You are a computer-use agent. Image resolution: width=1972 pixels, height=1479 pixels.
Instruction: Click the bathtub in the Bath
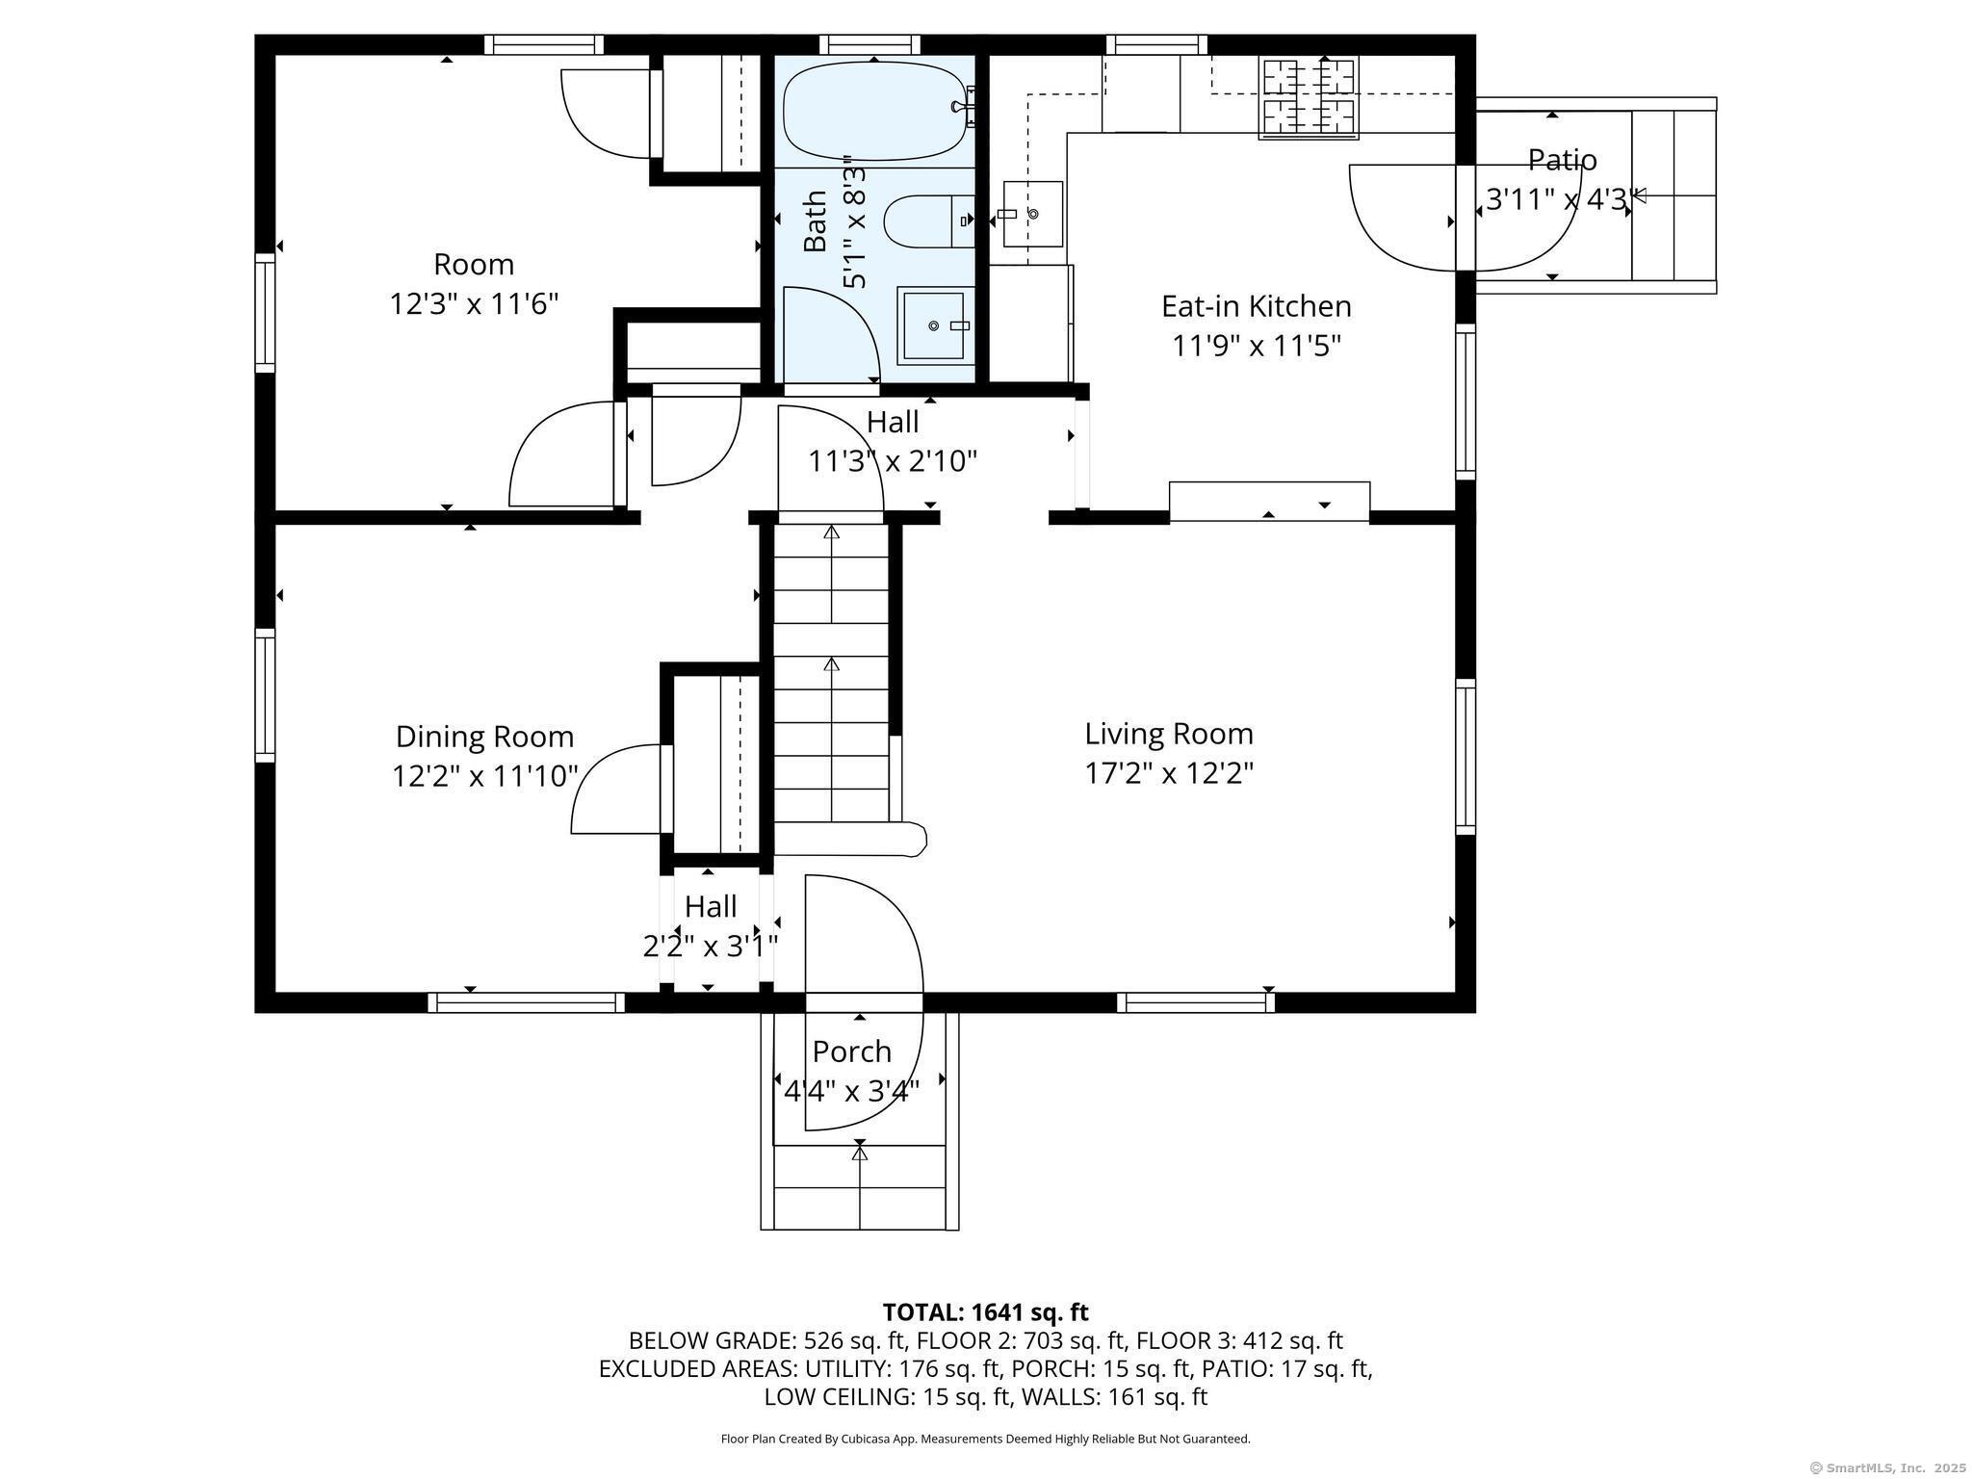pos(874,111)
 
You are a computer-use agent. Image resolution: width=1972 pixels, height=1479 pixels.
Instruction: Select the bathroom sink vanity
pos(932,325)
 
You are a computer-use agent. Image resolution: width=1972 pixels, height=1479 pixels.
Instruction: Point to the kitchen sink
pos(1032,214)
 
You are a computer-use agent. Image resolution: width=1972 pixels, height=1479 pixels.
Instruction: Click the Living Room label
pos(1169,734)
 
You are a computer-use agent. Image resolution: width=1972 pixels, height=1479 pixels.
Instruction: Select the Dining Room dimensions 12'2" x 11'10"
pos(484,776)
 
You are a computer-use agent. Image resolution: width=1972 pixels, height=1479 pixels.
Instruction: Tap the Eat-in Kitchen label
pos(1256,306)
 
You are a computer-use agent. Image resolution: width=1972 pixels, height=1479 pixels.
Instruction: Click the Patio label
pos(1562,160)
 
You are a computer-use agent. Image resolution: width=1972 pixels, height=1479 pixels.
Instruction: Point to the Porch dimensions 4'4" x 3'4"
pos(851,1091)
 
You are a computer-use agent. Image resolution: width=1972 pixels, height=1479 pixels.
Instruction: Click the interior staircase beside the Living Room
pos(831,674)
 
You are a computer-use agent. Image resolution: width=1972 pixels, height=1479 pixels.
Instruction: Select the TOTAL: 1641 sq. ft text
pos(985,1312)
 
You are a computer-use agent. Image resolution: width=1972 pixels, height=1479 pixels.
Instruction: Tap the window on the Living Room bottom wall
pos(1196,1002)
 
